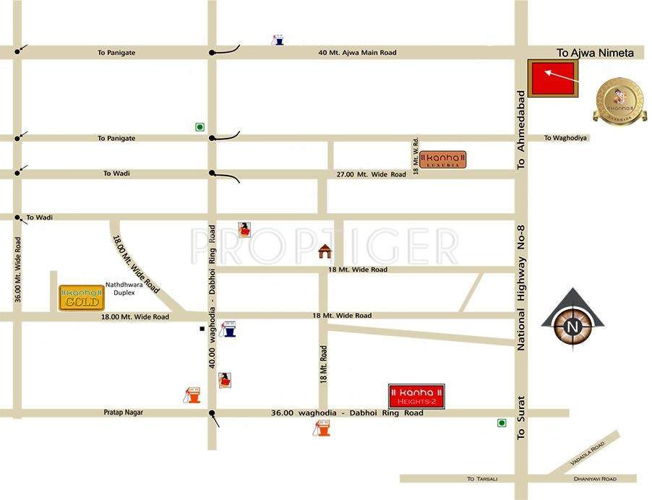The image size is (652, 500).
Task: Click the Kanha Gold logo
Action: tap(81, 298)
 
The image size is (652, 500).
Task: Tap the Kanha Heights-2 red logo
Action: tap(416, 396)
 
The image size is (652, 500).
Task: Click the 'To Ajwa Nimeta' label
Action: tap(595, 53)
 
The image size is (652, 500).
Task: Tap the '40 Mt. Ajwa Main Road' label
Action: tap(357, 53)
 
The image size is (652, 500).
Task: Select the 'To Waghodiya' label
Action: tap(566, 138)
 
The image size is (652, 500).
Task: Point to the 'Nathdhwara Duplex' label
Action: tap(125, 289)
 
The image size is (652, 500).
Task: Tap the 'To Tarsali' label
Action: tap(481, 478)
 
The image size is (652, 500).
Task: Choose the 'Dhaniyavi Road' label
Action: tap(594, 478)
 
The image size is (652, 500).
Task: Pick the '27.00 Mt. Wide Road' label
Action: tap(372, 175)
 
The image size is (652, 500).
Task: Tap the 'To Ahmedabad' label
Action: tap(520, 130)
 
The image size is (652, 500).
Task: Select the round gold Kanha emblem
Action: tap(618, 100)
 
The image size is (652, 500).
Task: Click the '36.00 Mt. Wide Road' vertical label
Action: tap(18, 268)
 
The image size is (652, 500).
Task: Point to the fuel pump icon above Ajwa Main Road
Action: tap(277, 40)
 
